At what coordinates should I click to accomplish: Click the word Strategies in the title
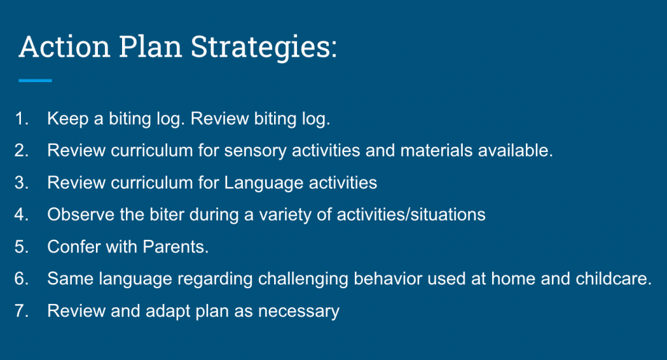pos(264,47)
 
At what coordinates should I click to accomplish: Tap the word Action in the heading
pos(65,46)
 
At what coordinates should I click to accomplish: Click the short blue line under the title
pos(35,80)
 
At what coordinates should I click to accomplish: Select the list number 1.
pos(22,119)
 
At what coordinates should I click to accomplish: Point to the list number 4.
pos(22,215)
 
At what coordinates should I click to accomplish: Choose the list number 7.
pos(22,310)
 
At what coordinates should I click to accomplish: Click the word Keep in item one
pos(68,119)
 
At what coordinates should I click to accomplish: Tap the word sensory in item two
pos(255,151)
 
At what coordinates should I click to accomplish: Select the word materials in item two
pos(437,151)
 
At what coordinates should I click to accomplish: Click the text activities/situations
pos(411,215)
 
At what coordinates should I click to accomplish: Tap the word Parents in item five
pos(176,247)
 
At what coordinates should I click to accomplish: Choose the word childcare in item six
pos(613,279)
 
